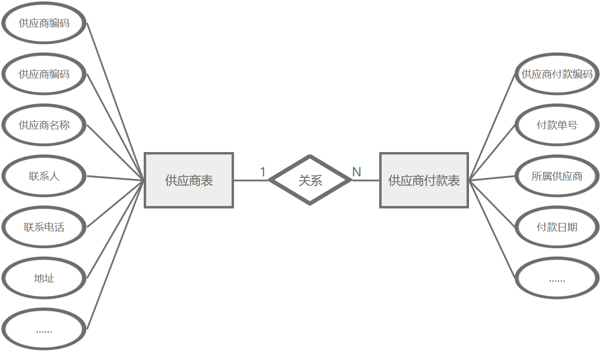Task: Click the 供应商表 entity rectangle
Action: click(189, 180)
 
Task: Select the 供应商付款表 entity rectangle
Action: click(424, 180)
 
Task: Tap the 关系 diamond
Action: click(310, 180)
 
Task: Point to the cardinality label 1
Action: click(263, 172)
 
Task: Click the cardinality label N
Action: click(356, 172)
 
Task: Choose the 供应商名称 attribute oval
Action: click(44, 125)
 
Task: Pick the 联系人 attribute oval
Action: click(44, 176)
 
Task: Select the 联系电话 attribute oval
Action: click(44, 227)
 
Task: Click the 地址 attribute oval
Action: click(44, 278)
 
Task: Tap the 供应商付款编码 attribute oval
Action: click(557, 74)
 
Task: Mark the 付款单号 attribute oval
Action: click(557, 125)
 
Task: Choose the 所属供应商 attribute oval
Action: click(557, 176)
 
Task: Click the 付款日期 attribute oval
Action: click(557, 227)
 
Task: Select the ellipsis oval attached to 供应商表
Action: click(44, 330)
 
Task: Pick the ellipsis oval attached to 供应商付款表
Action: click(557, 279)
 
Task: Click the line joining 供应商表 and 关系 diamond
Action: click(251, 180)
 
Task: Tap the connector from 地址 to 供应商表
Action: click(116, 229)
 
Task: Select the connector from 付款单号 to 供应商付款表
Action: click(492, 153)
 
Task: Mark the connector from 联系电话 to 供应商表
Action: click(116, 204)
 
